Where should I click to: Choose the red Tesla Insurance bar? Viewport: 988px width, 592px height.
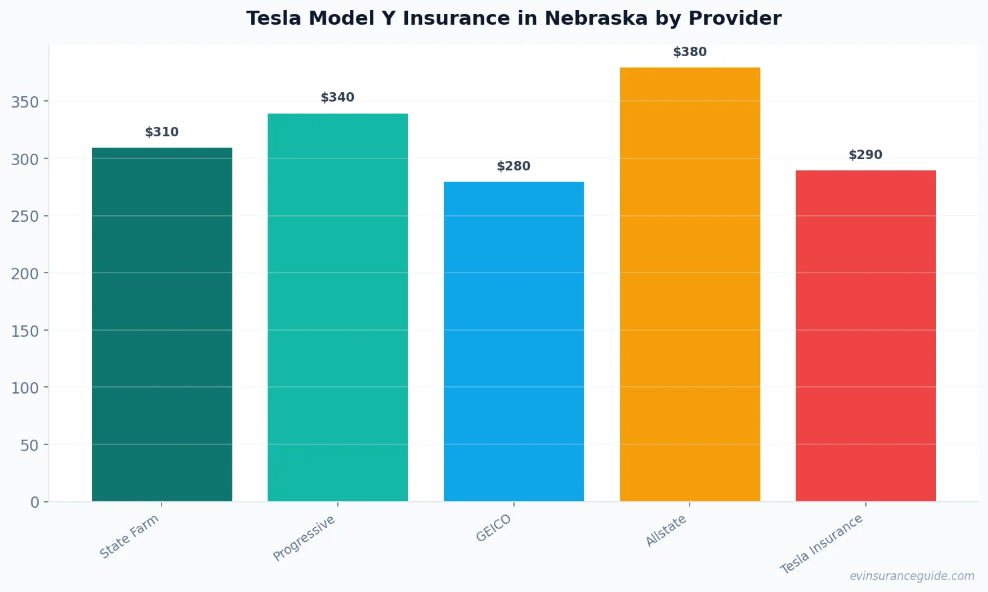[866, 335]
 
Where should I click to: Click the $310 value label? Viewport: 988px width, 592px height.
[162, 132]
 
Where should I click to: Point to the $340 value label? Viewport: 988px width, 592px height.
[338, 98]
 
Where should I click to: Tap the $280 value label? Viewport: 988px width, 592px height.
[514, 166]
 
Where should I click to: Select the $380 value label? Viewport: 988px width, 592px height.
[690, 52]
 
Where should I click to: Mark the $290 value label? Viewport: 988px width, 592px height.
[866, 155]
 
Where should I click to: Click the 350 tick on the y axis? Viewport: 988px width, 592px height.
[25, 102]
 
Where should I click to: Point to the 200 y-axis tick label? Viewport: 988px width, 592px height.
[25, 273]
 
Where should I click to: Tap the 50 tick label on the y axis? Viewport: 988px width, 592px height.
[29, 445]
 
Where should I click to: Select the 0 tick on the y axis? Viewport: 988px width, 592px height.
[35, 502]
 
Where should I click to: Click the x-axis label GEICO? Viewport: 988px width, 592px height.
[494, 529]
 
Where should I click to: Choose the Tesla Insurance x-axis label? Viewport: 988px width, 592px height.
[822, 545]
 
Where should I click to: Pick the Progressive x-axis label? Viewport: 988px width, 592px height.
[304, 539]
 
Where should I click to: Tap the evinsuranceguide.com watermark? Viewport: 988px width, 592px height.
[912, 576]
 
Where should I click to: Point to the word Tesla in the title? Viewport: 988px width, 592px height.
[274, 18]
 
